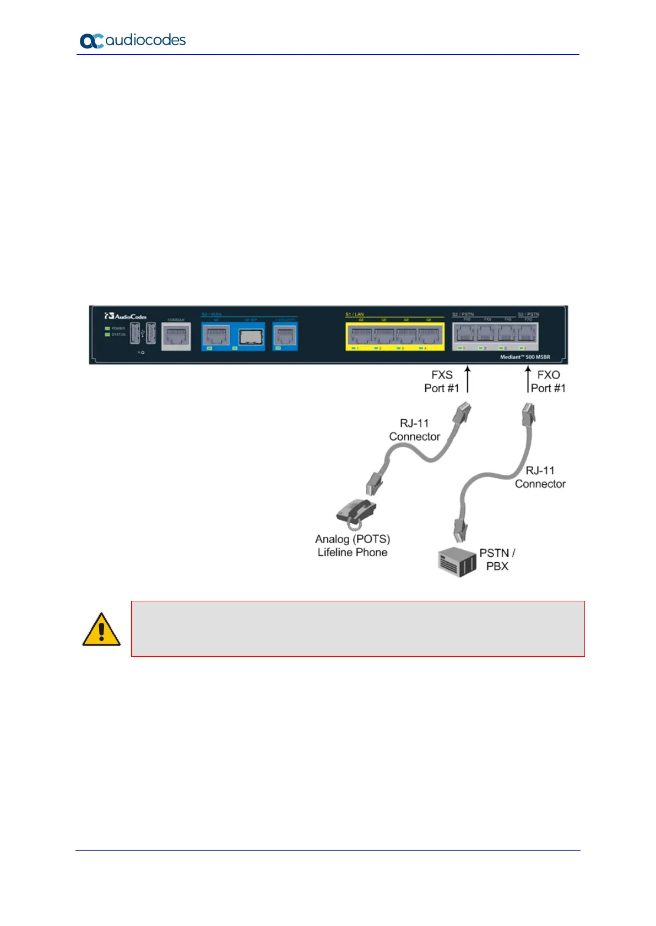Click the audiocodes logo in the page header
coord(132,40)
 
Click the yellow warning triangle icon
coord(101,629)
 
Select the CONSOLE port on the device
coord(176,336)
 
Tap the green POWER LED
coord(107,328)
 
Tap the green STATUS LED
coord(107,335)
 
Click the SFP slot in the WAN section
coord(251,337)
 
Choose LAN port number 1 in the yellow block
coord(361,335)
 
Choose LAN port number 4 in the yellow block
coord(429,335)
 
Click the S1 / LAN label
coord(355,314)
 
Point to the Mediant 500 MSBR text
coord(525,357)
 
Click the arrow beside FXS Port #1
coord(468,380)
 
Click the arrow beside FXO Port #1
coord(528,380)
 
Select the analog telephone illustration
coord(356,511)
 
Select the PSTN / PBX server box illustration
coord(457,562)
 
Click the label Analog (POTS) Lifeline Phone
coord(353,546)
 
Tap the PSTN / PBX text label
coord(497,560)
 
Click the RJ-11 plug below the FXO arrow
coord(528,415)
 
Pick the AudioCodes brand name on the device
coord(126,316)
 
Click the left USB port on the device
coord(135,333)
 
